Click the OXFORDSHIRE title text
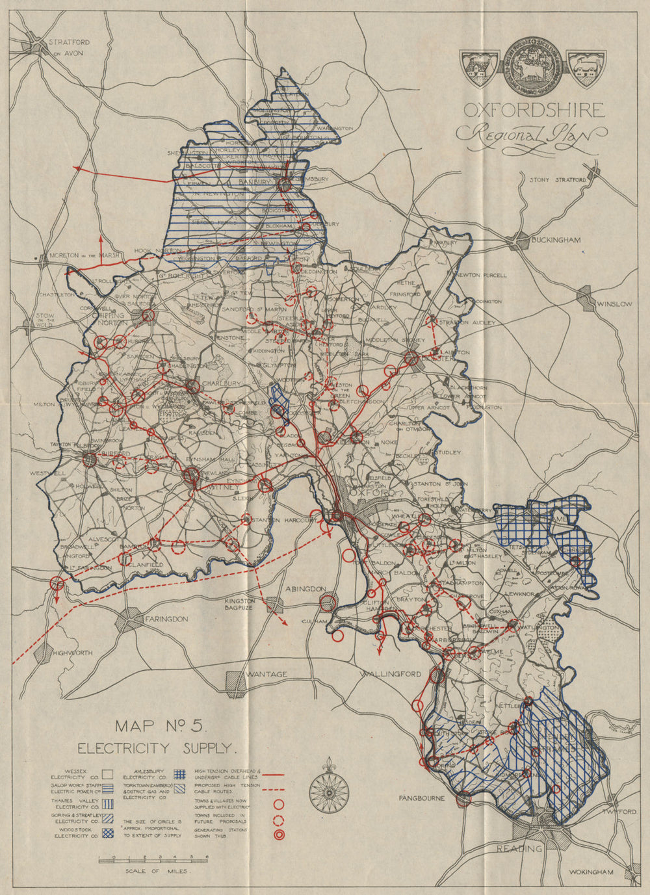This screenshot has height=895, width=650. pyautogui.click(x=533, y=110)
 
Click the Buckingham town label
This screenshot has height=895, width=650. pyautogui.click(x=556, y=240)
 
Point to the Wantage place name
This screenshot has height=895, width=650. pyautogui.click(x=266, y=674)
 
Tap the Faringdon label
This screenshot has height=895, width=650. pyautogui.click(x=167, y=619)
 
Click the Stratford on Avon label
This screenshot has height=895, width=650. pyautogui.click(x=68, y=47)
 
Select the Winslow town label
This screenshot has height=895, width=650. pyautogui.click(x=614, y=304)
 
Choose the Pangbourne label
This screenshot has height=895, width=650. pyautogui.click(x=421, y=797)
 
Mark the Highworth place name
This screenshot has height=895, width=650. pyautogui.click(x=73, y=653)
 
